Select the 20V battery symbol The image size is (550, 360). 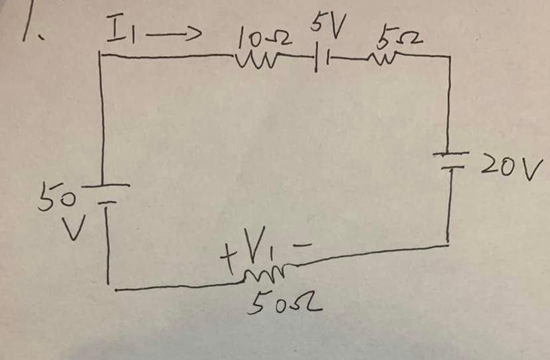tap(446, 160)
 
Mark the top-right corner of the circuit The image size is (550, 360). tap(450, 58)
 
